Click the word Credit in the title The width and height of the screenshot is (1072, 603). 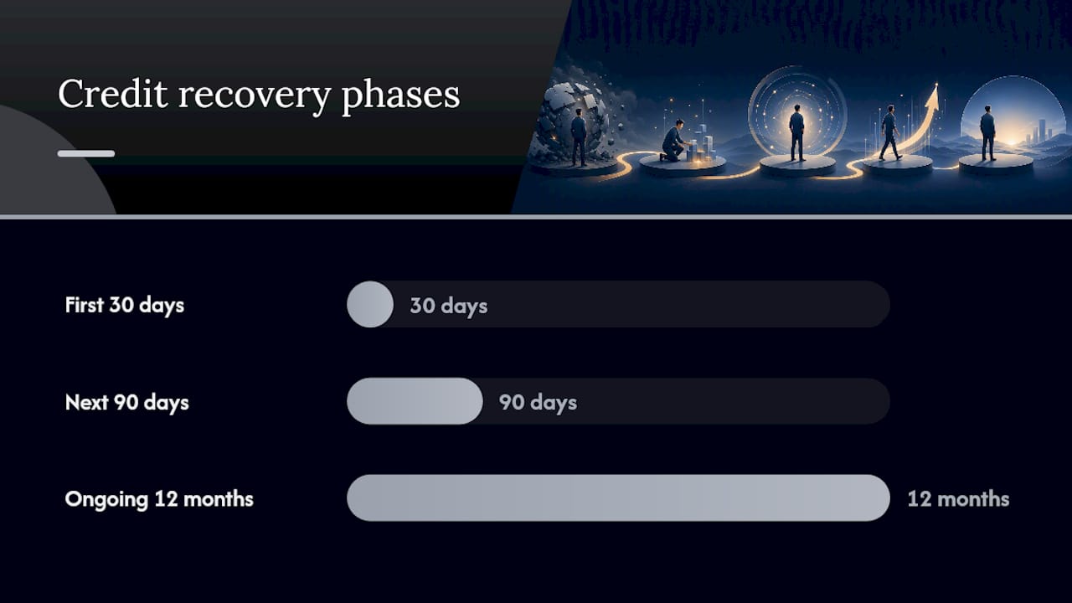coord(113,93)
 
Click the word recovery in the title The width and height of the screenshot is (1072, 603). coord(254,97)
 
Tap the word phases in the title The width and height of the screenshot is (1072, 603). coord(400,95)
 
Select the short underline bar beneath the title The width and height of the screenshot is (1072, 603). coord(86,153)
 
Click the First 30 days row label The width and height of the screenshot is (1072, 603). coord(125,306)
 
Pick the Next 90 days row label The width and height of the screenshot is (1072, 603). coord(126,403)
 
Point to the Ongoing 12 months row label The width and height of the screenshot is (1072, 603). coord(159,499)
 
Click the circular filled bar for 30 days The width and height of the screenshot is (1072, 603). coord(370,304)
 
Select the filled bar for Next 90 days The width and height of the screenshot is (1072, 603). coord(415,401)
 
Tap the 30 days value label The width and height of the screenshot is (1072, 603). coord(448,306)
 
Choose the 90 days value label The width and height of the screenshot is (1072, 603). coord(538,403)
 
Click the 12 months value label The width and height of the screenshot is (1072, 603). coord(959,499)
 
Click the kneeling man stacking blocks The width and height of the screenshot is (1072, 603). coord(674,141)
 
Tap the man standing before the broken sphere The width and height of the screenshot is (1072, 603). coord(579,137)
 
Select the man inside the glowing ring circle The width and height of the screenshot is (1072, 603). coord(796,132)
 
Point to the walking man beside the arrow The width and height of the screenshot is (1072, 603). coord(889,132)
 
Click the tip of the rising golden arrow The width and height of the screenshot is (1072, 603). coord(936,84)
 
